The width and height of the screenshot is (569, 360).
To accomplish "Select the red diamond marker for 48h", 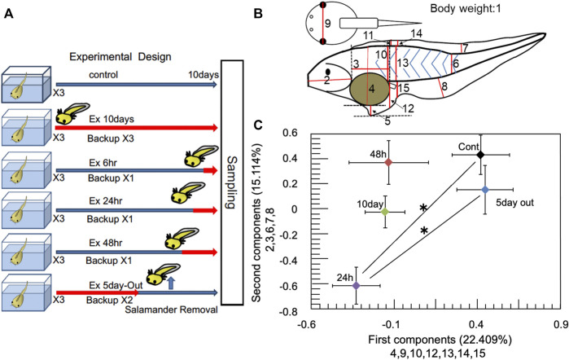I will pyautogui.click(x=389, y=162).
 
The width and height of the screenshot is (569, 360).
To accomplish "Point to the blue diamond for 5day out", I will pyautogui.click(x=484, y=190).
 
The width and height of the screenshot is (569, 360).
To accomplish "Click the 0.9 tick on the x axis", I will pyautogui.click(x=559, y=323).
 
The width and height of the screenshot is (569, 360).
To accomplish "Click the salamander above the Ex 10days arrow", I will pyautogui.click(x=77, y=112).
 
